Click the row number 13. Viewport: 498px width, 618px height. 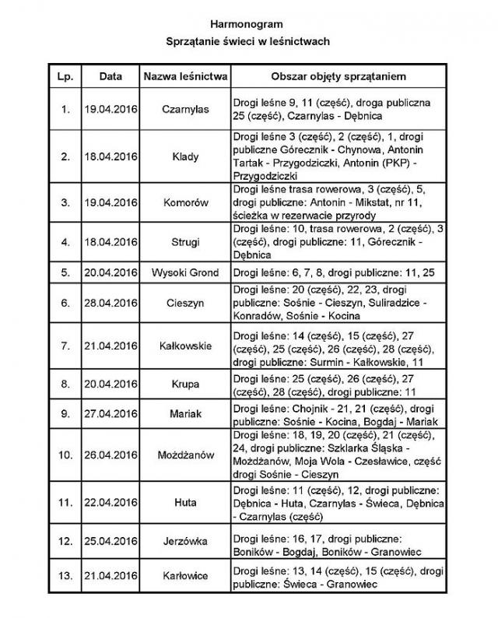pos(65,576)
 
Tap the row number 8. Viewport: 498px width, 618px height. pos(65,384)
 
